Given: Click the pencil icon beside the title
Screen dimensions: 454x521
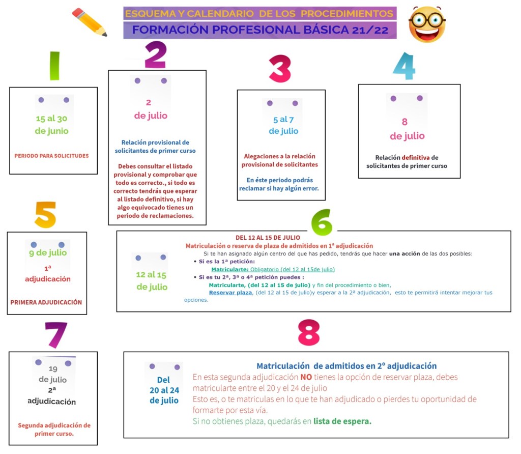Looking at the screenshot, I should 90,22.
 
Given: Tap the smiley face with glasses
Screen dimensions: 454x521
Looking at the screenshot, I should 427,24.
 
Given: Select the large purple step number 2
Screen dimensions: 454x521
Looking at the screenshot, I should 155,55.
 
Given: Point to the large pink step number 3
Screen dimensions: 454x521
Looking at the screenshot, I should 279,69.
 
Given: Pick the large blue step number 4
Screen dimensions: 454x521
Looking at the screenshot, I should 404,66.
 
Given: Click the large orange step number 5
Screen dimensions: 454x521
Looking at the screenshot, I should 45,215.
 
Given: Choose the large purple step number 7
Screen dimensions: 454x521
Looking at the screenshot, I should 55,335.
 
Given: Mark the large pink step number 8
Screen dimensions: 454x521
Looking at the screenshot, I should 308,333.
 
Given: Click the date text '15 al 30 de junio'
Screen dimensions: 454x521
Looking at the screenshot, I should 52,125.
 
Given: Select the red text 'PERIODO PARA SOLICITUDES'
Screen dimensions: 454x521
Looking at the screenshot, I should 51,156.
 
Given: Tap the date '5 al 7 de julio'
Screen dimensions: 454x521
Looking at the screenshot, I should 283,125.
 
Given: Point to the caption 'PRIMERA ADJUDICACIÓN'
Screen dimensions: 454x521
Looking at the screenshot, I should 46,302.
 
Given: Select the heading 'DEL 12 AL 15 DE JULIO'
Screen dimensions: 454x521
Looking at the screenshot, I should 268,238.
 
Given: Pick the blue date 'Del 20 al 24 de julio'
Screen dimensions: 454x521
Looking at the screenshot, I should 164,390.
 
